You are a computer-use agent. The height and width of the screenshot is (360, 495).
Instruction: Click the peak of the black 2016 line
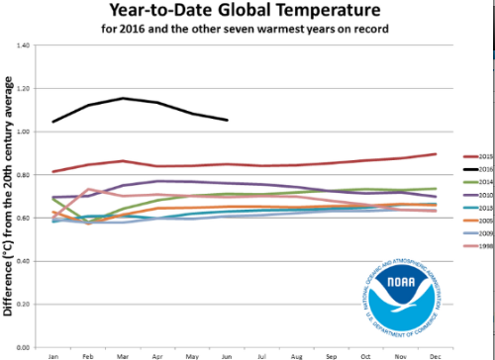[x=122, y=98]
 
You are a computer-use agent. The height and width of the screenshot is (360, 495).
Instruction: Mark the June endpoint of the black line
[x=228, y=121]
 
